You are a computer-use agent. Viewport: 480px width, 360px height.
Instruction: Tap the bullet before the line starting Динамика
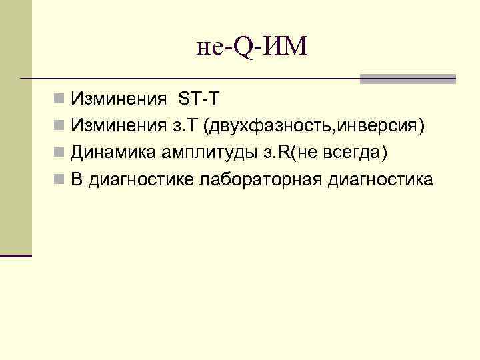coord(60,153)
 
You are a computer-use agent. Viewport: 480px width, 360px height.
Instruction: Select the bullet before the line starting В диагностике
coord(60,180)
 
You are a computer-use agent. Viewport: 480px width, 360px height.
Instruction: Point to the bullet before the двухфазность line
coord(60,127)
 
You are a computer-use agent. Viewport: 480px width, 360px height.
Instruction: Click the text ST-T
coord(198,100)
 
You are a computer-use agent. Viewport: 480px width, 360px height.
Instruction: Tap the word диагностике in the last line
coord(138,180)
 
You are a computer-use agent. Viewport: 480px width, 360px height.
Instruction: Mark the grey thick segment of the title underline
coord(407,79)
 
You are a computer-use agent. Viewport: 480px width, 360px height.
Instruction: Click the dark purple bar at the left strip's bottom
coord(16,255)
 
